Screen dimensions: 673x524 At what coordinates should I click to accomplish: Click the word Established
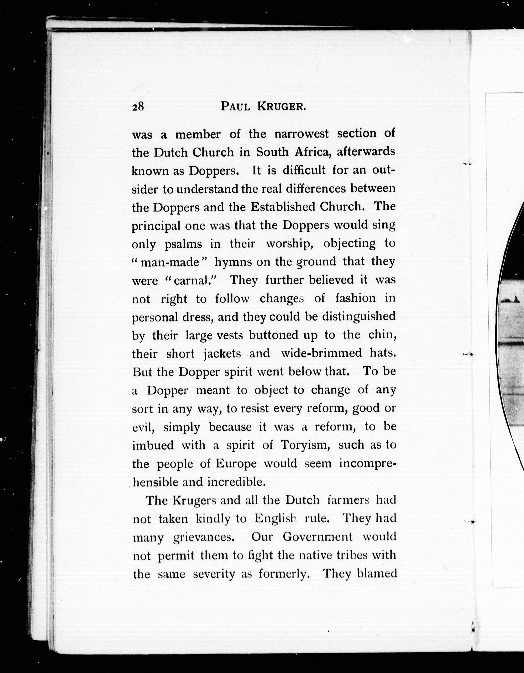pyautogui.click(x=283, y=206)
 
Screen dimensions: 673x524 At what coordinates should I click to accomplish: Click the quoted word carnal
pyautogui.click(x=193, y=280)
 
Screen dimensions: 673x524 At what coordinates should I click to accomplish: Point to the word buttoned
pyautogui.click(x=273, y=335)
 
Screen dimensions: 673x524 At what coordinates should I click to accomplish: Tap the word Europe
pyautogui.click(x=236, y=463)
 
